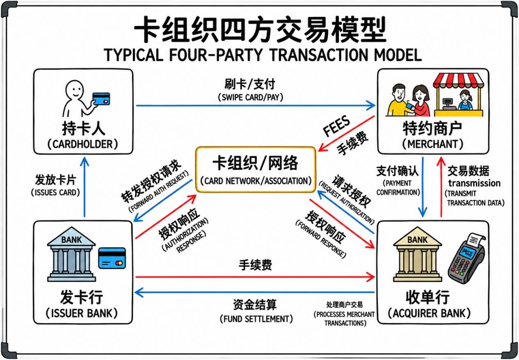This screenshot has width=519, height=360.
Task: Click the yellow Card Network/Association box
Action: coord(256,169)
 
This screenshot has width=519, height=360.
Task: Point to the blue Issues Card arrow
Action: coord(84,186)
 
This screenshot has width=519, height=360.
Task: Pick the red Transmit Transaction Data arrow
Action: coord(441,186)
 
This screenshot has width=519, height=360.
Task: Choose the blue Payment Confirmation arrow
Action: coord(422,186)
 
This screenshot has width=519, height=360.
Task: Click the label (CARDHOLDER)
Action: coord(83,144)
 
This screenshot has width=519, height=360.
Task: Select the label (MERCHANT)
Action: coord(433,144)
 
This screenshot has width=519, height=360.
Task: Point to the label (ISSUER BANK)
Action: coord(82,314)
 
